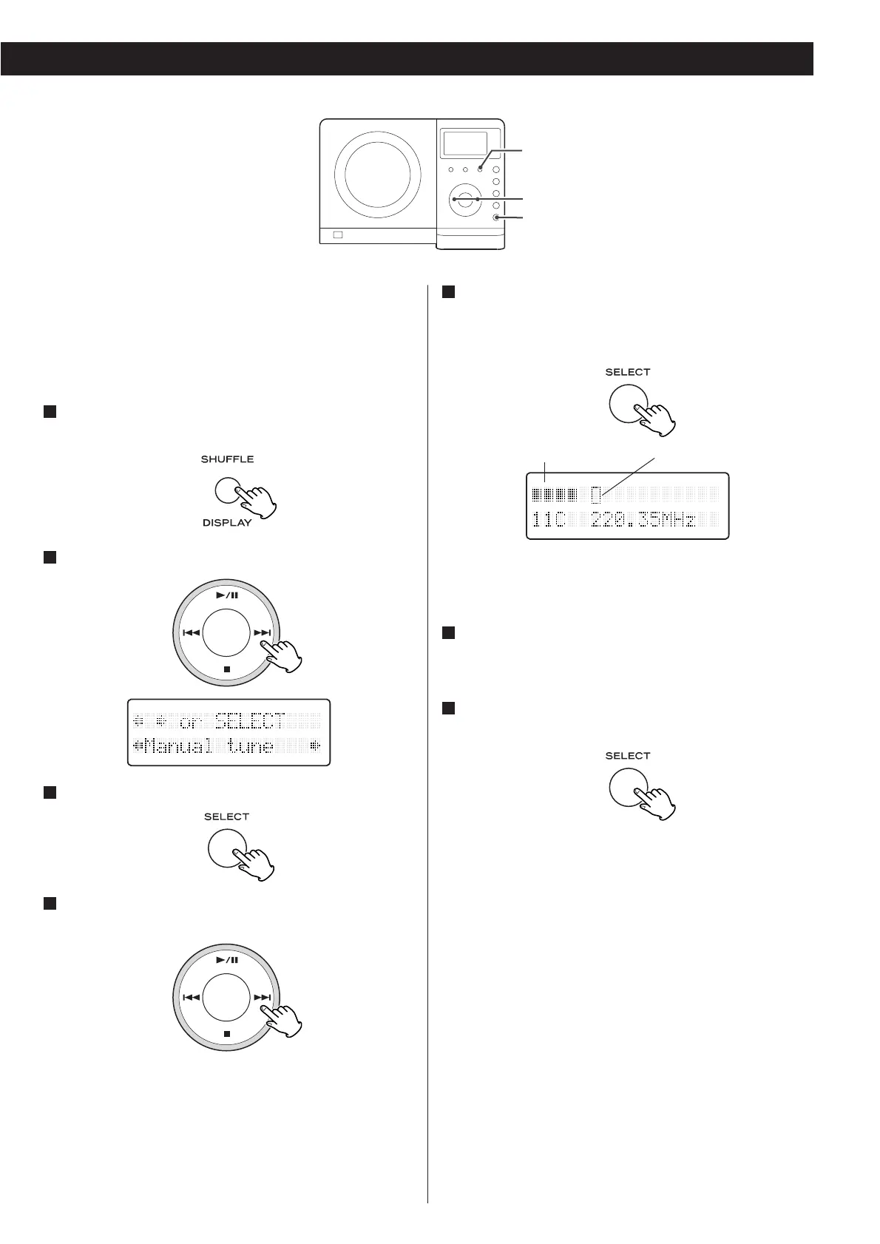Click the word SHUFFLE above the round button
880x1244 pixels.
pos(227,459)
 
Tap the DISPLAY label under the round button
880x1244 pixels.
pos(227,523)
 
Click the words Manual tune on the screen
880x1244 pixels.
pos(209,746)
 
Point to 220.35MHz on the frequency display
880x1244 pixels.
pos(643,520)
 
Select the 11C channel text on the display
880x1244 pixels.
pos(549,520)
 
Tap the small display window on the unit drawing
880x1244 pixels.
pos(464,144)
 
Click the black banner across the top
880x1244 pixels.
pos(407,59)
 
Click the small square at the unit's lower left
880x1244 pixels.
pos(338,235)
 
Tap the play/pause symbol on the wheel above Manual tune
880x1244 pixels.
pos(227,595)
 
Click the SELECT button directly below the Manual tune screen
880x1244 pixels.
pos(227,847)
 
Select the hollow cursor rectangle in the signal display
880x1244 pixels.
pos(596,494)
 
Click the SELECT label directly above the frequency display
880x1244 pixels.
pos(627,372)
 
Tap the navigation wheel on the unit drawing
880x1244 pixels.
pos(464,199)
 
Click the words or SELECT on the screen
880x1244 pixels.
pos(231,721)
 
